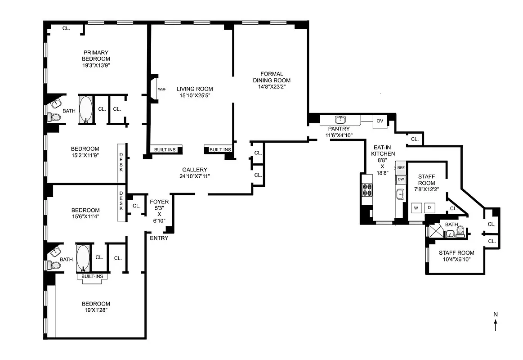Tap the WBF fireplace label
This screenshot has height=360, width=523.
click(x=162, y=89)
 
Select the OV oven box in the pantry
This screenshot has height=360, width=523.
click(x=380, y=121)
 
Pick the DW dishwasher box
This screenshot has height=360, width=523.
click(x=401, y=180)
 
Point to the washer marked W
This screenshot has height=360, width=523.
click(x=416, y=208)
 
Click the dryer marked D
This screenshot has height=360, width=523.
click(x=429, y=208)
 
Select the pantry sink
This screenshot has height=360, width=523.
click(x=340, y=120)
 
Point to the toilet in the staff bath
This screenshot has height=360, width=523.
click(x=460, y=231)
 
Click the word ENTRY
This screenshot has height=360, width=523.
click(x=159, y=238)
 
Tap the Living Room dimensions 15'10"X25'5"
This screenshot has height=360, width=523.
click(x=194, y=95)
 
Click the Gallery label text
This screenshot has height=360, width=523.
click(x=194, y=170)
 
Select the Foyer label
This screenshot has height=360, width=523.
click(x=159, y=202)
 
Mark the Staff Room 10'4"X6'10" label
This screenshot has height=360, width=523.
click(x=456, y=256)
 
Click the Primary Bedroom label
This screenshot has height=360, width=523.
click(x=96, y=55)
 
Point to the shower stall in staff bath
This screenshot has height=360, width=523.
click(x=434, y=231)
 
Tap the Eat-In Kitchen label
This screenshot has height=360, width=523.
click(x=383, y=150)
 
